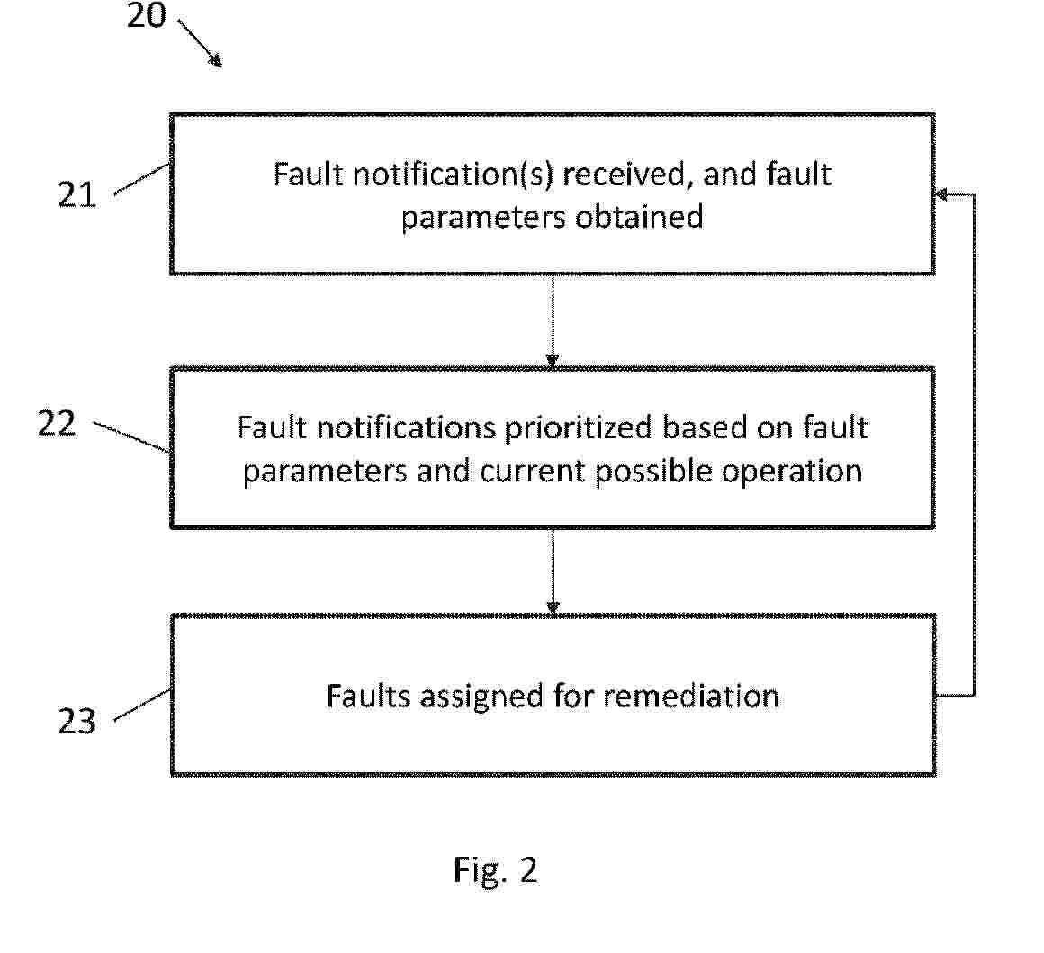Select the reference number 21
[77, 193]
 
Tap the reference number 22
[57, 423]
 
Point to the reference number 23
[77, 720]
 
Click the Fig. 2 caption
[495, 869]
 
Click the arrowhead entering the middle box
[553, 360]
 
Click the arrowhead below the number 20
[215, 60]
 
